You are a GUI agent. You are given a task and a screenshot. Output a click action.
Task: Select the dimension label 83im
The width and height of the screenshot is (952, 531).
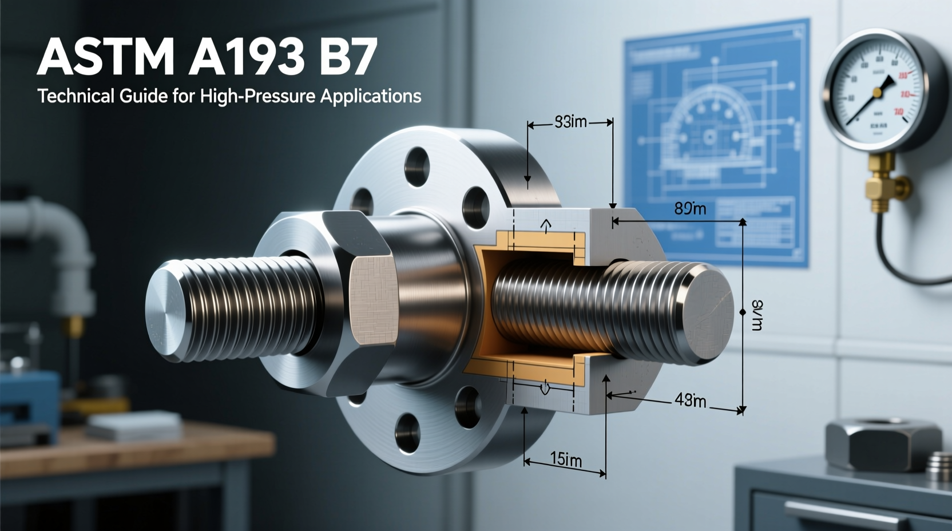tap(570, 122)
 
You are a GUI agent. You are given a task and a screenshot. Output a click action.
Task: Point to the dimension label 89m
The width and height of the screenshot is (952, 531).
tap(689, 209)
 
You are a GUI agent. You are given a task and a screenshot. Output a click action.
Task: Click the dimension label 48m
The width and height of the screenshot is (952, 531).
tap(690, 401)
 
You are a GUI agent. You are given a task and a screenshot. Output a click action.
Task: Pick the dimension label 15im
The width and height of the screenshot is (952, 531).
tap(565, 459)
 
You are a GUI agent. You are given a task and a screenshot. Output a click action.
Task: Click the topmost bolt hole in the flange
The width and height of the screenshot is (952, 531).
tap(418, 165)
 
